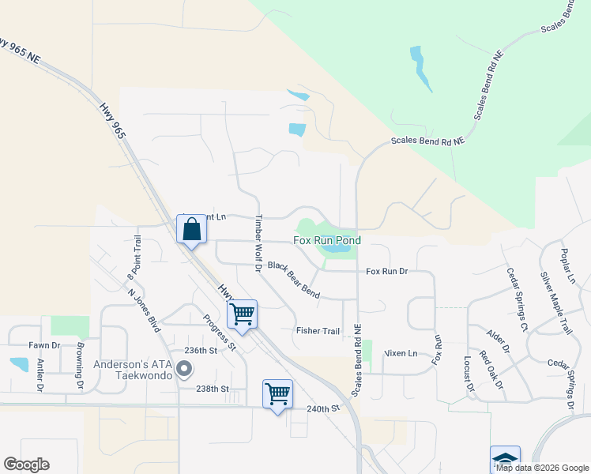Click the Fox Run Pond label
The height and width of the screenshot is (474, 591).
(x=327, y=240)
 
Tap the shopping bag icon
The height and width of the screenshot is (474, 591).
(x=191, y=230)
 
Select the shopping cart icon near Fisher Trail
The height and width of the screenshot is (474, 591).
(x=243, y=314)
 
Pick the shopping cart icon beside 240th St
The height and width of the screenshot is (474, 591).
(x=277, y=393)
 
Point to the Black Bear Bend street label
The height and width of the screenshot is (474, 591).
(x=293, y=280)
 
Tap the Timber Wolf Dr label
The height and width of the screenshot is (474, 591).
(x=258, y=243)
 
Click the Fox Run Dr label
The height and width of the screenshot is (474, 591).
(x=386, y=271)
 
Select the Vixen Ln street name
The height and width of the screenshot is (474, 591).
(x=401, y=352)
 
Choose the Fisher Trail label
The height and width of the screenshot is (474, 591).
(x=318, y=330)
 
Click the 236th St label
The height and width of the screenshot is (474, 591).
(x=200, y=350)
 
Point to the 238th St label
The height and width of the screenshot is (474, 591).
(x=213, y=389)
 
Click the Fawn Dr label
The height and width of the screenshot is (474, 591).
(x=44, y=345)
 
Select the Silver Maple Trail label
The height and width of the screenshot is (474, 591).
(x=555, y=303)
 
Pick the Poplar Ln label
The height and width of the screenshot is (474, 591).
(x=567, y=265)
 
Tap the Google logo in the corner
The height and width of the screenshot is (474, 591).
(x=26, y=464)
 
